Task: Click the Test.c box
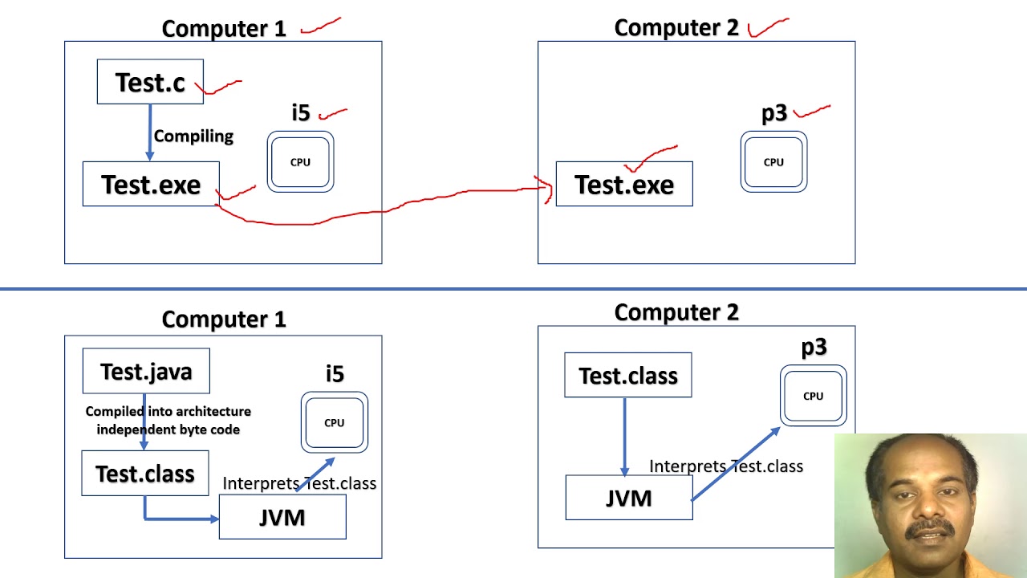click(x=150, y=82)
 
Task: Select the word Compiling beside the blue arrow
click(x=193, y=136)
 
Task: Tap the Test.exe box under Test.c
click(x=151, y=185)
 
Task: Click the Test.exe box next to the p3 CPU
click(x=624, y=185)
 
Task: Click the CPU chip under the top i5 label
click(x=300, y=162)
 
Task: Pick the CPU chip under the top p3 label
click(x=773, y=162)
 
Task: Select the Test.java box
click(x=146, y=372)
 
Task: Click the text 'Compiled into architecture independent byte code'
click(x=168, y=420)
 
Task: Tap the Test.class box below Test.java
click(x=145, y=474)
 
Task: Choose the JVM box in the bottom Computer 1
click(x=282, y=517)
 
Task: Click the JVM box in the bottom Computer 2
click(x=629, y=499)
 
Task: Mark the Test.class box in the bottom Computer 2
click(x=628, y=376)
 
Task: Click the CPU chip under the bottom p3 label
click(x=813, y=396)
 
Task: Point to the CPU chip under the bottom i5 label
click(x=335, y=422)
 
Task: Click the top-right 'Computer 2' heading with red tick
click(x=676, y=28)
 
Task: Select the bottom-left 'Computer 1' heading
click(x=224, y=320)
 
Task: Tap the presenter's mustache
click(x=929, y=529)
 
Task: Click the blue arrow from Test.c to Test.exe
click(x=150, y=132)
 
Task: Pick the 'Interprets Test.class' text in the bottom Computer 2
click(x=725, y=466)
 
